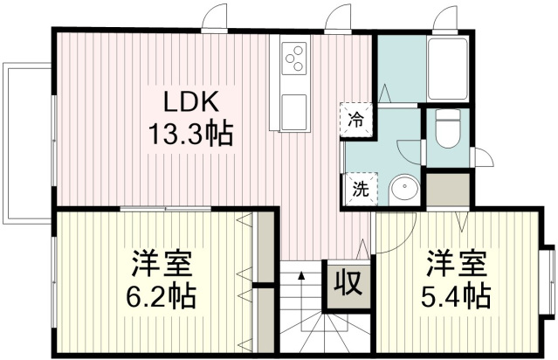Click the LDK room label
coord(190,102)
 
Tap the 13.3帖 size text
coord(190,134)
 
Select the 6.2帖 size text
coord(161,295)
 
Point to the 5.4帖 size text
coord(456,295)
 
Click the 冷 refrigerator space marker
coord(356,120)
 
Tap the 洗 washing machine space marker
coord(360,189)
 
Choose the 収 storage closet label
coord(349,283)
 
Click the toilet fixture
coord(448,128)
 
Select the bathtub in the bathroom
coord(448,68)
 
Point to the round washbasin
coord(404,190)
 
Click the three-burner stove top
coord(294,59)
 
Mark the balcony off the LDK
coord(27,143)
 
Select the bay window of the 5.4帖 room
coord(548,281)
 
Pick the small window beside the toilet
coord(482,156)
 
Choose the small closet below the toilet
coord(448,190)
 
